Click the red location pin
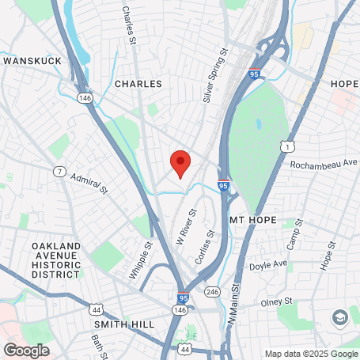click(x=180, y=163)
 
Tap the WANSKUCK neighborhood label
click(x=32, y=60)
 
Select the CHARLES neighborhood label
click(x=138, y=83)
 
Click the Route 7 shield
click(x=59, y=171)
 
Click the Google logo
click(x=26, y=349)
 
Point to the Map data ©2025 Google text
click(x=310, y=354)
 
